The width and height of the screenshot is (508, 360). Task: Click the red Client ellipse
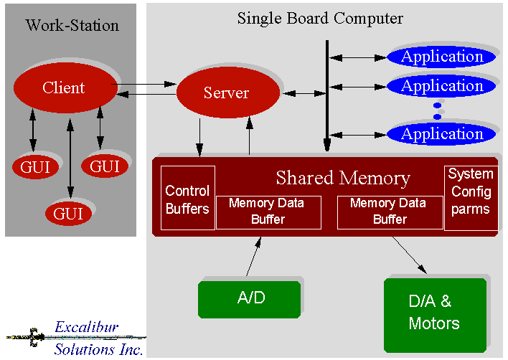[64, 88]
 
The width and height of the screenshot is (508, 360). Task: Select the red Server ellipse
[227, 93]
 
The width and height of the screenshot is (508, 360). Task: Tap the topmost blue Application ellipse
[441, 57]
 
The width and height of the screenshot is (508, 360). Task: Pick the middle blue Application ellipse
[441, 86]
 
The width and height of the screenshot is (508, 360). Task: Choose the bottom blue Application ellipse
[441, 133]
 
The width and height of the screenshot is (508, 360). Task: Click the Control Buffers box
[187, 199]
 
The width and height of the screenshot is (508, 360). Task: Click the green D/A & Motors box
[435, 313]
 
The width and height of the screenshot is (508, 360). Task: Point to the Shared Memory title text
[343, 178]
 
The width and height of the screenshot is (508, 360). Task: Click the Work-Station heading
[72, 26]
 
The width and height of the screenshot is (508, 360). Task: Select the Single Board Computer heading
[320, 18]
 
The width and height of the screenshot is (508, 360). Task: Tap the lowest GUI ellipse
[70, 213]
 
